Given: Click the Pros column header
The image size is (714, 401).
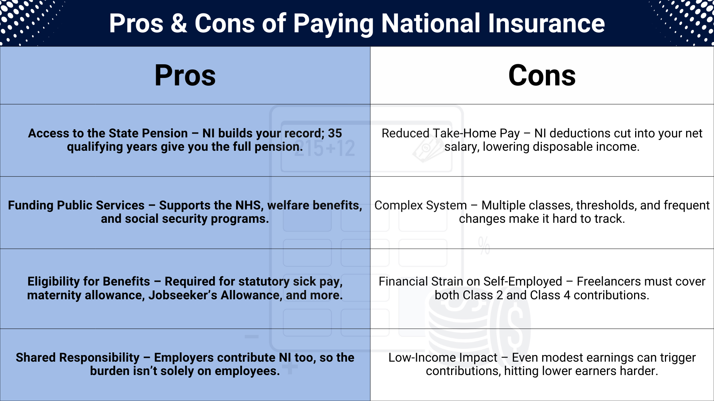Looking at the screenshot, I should point(185,75).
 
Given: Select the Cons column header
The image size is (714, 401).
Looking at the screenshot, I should point(542,75).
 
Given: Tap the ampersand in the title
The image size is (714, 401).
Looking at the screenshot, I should point(179,23).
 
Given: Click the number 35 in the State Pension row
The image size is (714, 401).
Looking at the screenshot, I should point(335,133).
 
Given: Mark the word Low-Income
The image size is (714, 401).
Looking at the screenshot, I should point(443,358).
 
